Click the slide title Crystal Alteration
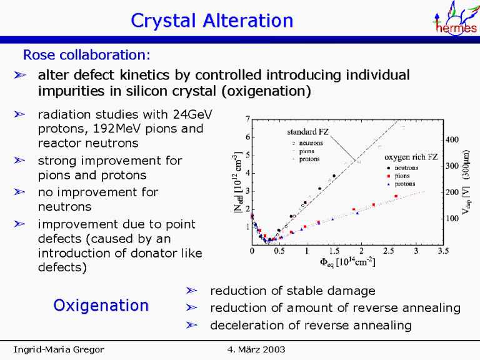pos(212,21)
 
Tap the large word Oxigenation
pos(101,305)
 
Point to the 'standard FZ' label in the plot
pos(307,132)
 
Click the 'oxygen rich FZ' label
pos(409,157)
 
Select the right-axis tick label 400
pos(451,140)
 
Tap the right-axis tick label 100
pos(451,219)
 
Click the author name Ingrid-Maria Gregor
pos(59,348)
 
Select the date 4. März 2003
pos(253,348)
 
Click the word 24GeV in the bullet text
pos(189,114)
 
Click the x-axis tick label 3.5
pos(442,251)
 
